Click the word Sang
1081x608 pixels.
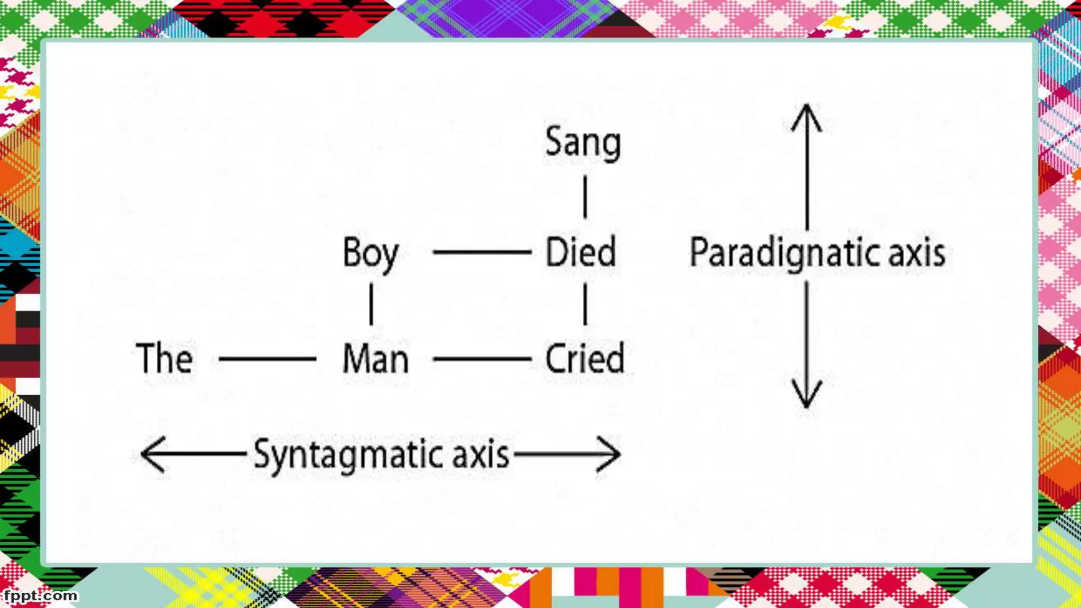[x=583, y=142]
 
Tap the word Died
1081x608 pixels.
[x=581, y=252]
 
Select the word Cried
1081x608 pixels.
[x=584, y=359]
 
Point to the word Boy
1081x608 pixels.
[x=371, y=253]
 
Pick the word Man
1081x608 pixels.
[x=375, y=359]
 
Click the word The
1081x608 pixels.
[x=164, y=358]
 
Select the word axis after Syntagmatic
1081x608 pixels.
[x=480, y=455]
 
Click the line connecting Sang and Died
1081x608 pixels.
[x=585, y=197]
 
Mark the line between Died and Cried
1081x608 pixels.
[x=585, y=303]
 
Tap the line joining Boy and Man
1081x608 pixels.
[x=371, y=303]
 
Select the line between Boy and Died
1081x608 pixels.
[x=481, y=252]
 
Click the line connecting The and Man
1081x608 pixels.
[x=267, y=359]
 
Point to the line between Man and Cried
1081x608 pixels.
[x=481, y=359]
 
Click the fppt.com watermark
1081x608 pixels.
[x=40, y=596]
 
